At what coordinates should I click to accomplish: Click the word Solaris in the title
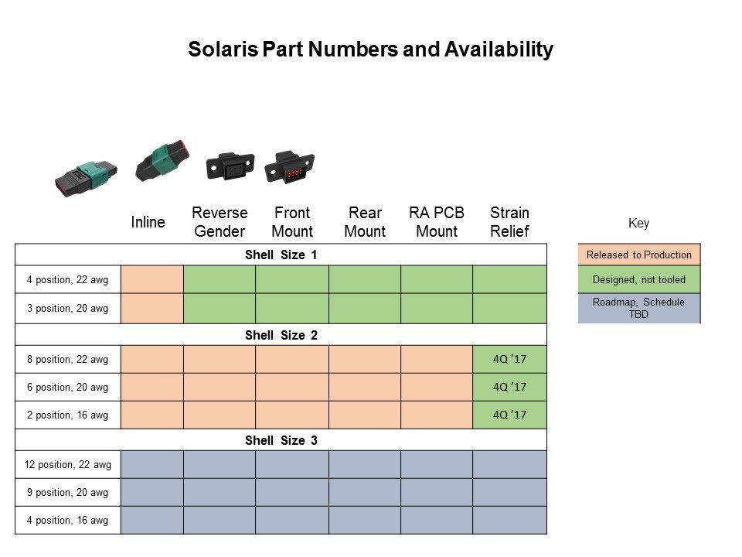click(223, 50)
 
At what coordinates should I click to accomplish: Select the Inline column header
click(148, 222)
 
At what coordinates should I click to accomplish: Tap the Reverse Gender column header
click(220, 222)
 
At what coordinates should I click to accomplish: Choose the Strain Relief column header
click(509, 222)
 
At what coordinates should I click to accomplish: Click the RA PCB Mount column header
click(437, 222)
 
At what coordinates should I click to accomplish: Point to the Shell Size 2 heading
click(281, 335)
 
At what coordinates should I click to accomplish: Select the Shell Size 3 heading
click(281, 440)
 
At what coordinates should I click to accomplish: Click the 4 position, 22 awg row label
click(68, 279)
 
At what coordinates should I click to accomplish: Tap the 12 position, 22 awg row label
click(68, 465)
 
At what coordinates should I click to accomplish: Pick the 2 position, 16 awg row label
click(68, 415)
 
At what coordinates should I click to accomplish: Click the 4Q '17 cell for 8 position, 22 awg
click(509, 359)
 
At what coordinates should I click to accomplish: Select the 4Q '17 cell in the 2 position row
click(509, 415)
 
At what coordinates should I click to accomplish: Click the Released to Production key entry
click(639, 255)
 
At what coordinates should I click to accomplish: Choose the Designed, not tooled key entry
click(639, 279)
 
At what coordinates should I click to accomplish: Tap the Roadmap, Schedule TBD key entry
click(639, 309)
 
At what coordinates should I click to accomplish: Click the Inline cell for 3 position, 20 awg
click(152, 309)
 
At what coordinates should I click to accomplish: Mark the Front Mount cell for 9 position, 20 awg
click(292, 492)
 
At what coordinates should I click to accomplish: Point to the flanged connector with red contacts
click(290, 166)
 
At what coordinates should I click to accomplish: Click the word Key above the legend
click(639, 223)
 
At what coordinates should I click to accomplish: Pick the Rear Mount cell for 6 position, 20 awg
click(364, 387)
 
